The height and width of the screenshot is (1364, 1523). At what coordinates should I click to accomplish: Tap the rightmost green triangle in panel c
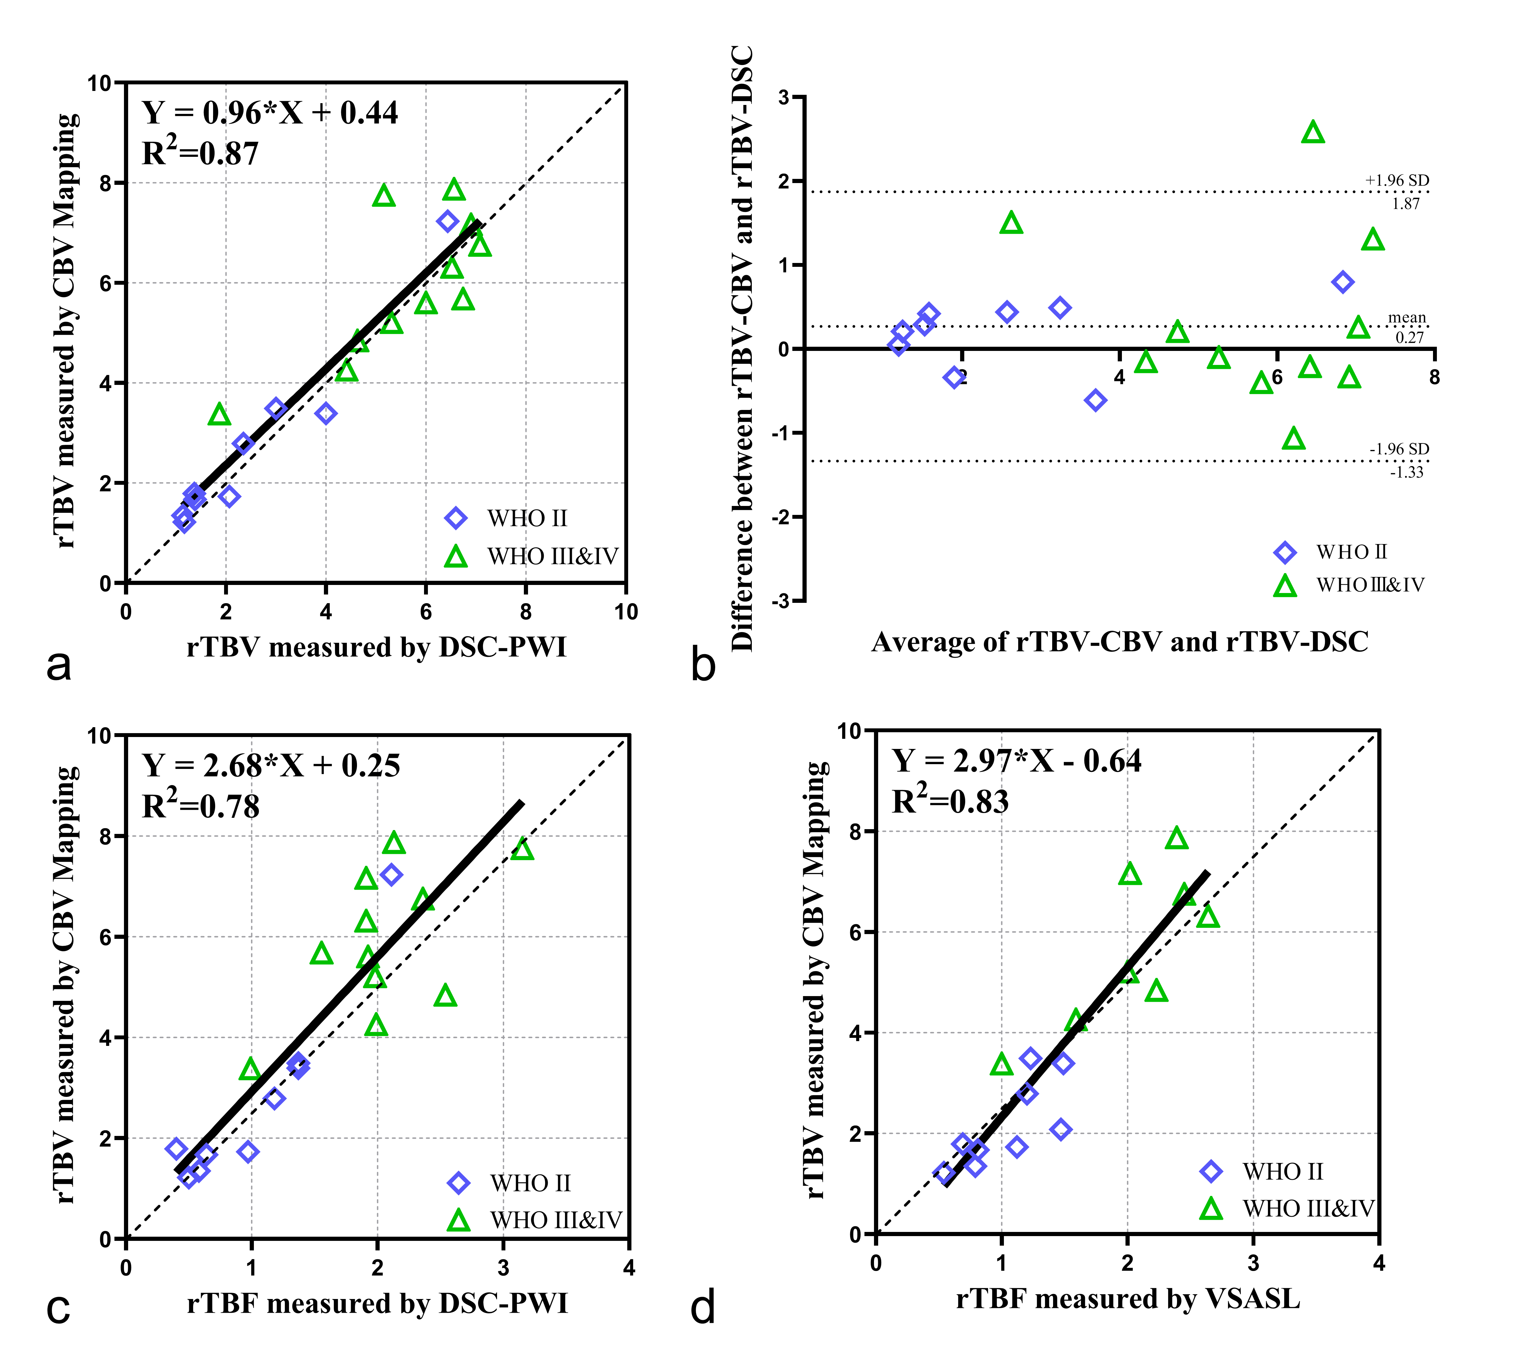pyautogui.click(x=522, y=850)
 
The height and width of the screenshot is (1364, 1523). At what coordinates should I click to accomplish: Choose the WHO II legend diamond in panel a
pyautogui.click(x=456, y=518)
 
